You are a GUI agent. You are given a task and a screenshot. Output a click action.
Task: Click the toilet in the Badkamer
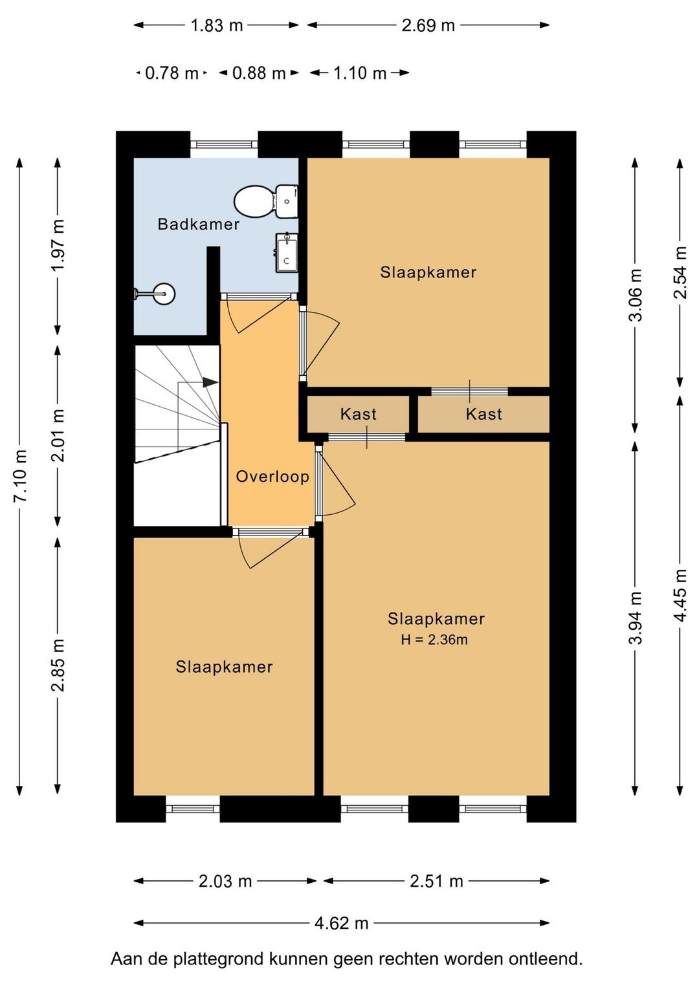click(x=266, y=201)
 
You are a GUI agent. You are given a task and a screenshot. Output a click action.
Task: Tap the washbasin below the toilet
click(x=287, y=252)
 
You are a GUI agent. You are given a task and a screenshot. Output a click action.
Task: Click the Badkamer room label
click(x=199, y=224)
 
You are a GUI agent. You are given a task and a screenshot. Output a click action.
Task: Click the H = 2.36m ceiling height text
click(x=434, y=639)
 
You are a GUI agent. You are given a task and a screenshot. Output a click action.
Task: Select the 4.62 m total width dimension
click(x=341, y=923)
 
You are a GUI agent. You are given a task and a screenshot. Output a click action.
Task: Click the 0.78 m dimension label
click(x=172, y=72)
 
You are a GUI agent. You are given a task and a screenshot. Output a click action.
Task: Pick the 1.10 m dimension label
click(x=359, y=72)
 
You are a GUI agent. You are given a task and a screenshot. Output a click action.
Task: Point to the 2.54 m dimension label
click(x=680, y=272)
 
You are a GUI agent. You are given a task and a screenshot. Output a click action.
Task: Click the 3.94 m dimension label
click(x=635, y=617)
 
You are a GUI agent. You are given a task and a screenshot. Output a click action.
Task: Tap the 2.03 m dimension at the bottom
click(x=225, y=881)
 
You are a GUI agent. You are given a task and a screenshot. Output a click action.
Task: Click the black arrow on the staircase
click(x=210, y=382)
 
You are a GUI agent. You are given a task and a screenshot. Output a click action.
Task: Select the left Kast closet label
click(x=359, y=414)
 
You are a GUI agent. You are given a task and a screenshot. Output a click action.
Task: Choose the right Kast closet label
click(x=483, y=414)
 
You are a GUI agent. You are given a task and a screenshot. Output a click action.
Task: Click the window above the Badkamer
click(x=224, y=144)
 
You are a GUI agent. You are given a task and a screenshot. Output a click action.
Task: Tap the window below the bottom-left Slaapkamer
click(x=193, y=808)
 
